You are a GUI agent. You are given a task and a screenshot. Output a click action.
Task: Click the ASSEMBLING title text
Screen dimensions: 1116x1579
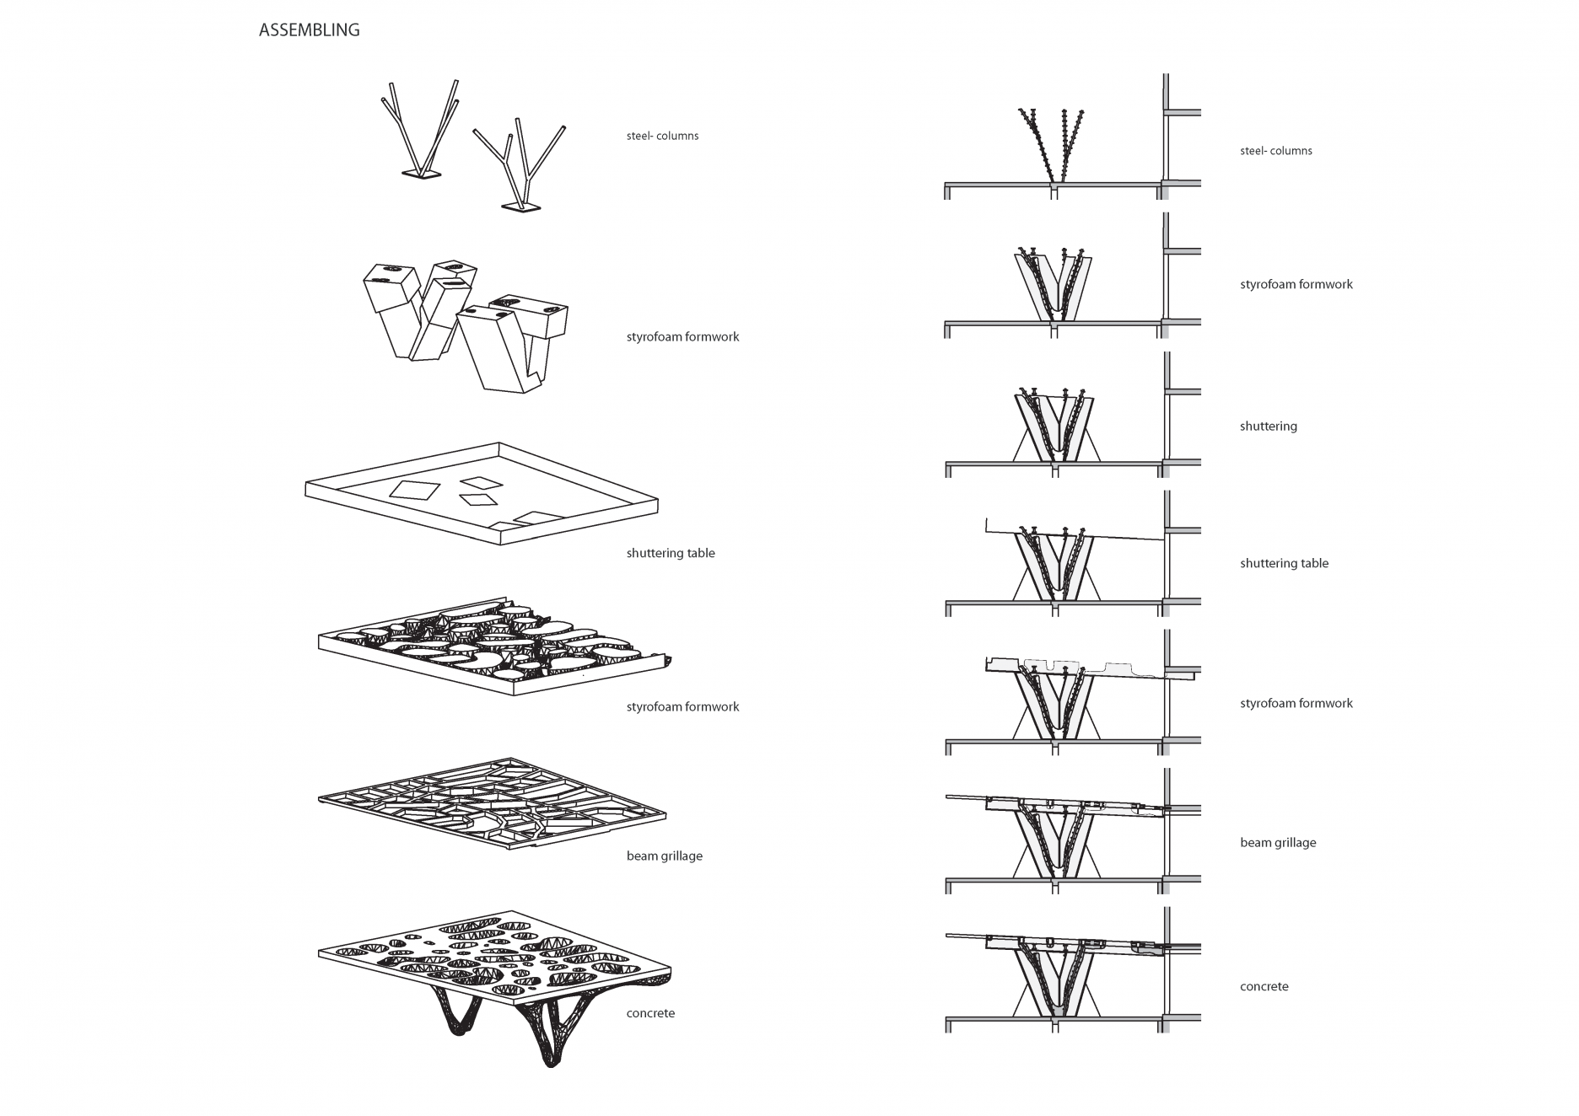(x=309, y=30)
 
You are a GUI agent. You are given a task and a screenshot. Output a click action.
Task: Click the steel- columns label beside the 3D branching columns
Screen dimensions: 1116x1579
(x=662, y=136)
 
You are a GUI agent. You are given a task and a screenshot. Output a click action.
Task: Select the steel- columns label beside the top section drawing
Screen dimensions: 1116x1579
(x=1275, y=151)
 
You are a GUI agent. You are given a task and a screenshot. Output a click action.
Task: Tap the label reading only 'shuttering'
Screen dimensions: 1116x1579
(x=1268, y=427)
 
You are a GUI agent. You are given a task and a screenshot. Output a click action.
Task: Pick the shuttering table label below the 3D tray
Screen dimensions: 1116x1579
(x=670, y=554)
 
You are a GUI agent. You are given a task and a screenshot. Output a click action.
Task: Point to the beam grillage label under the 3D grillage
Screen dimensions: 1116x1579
(x=664, y=856)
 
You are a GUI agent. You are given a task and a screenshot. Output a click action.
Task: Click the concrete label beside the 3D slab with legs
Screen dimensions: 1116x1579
(x=650, y=1013)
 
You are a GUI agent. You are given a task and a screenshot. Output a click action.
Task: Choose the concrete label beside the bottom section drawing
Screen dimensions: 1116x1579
(x=1264, y=986)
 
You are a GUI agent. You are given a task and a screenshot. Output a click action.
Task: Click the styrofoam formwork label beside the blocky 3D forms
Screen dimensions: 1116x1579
(x=682, y=337)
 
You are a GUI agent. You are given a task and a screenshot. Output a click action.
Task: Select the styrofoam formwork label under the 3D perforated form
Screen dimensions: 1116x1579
(x=682, y=707)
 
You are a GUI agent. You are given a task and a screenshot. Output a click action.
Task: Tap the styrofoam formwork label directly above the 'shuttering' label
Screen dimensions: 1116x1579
(x=1296, y=285)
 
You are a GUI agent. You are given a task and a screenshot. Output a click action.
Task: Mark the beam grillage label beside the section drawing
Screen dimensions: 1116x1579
(x=1277, y=843)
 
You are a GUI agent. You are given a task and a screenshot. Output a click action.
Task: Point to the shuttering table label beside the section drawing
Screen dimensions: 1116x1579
(x=1284, y=564)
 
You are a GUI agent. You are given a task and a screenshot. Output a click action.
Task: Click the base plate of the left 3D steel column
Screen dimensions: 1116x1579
(x=421, y=174)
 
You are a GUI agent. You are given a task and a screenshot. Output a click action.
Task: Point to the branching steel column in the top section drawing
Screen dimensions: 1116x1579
(x=1050, y=143)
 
